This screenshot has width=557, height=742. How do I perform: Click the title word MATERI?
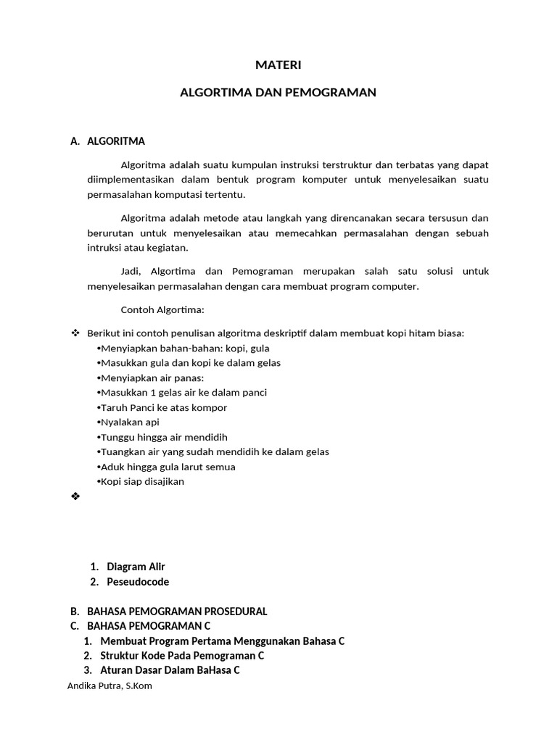pos(278,65)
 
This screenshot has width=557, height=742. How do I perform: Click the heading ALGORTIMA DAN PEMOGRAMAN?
pos(278,93)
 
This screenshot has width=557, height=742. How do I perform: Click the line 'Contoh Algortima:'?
pos(162,310)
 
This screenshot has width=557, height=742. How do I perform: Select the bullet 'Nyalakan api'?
pos(130,422)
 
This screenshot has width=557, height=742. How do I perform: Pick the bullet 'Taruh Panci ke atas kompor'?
pos(163,407)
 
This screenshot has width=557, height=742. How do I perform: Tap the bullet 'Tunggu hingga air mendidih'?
pos(163,437)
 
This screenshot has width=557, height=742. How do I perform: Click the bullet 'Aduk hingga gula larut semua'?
pos(168,467)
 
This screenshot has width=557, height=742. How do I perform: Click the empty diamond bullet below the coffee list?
pos(74,497)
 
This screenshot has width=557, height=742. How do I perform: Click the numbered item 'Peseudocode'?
pos(138,582)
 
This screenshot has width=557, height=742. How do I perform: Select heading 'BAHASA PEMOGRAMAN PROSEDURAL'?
pos(177,612)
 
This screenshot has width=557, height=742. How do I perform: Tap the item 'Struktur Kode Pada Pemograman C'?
pos(182,656)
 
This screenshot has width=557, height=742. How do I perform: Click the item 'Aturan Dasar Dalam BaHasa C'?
pos(170,670)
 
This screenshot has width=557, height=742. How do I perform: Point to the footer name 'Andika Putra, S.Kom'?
pos(109,686)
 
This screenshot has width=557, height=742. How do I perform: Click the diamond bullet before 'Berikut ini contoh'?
pos(74,333)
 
